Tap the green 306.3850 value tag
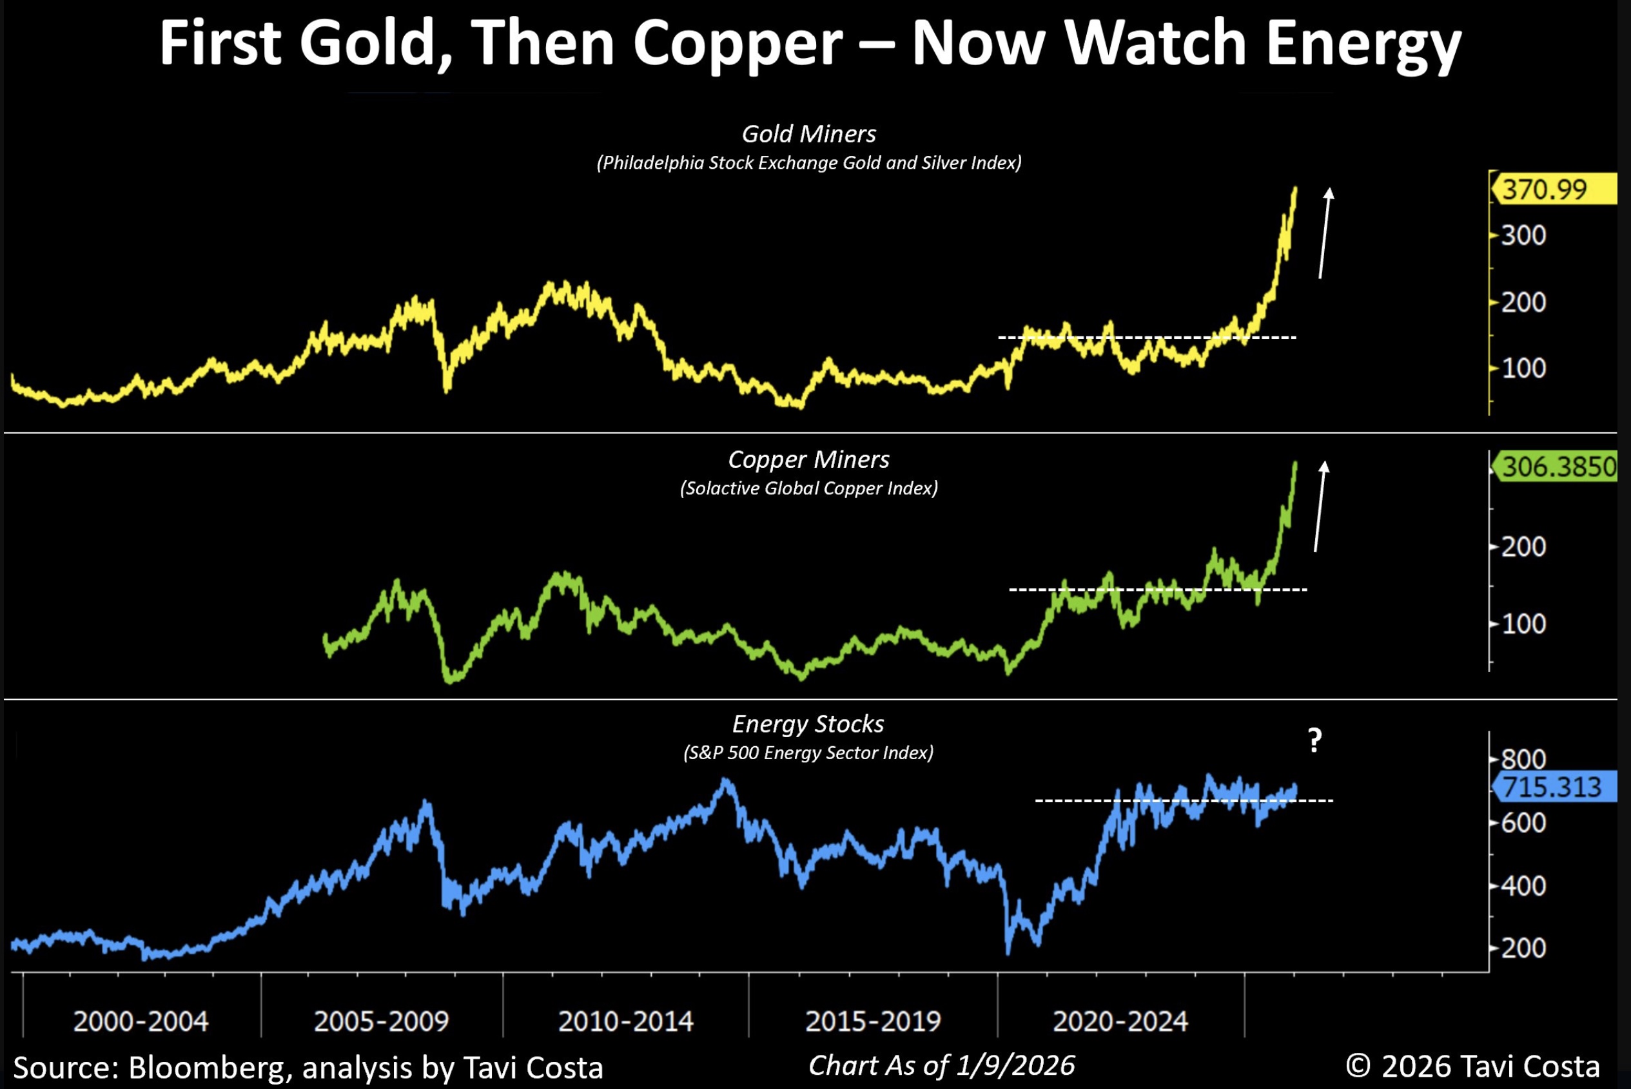(x=1556, y=467)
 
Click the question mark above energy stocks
(x=1314, y=741)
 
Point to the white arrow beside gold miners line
(x=1325, y=233)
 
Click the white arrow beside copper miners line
(x=1320, y=507)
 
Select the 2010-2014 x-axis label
(x=625, y=1021)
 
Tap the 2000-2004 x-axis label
(x=141, y=1021)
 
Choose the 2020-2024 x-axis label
(x=1120, y=1021)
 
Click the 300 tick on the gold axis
(x=1523, y=236)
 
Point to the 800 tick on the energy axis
(x=1523, y=758)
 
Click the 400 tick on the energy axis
(x=1523, y=886)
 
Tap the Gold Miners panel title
(x=808, y=133)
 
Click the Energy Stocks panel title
(x=808, y=724)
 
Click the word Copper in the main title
(x=737, y=43)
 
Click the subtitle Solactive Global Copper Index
(x=808, y=488)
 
